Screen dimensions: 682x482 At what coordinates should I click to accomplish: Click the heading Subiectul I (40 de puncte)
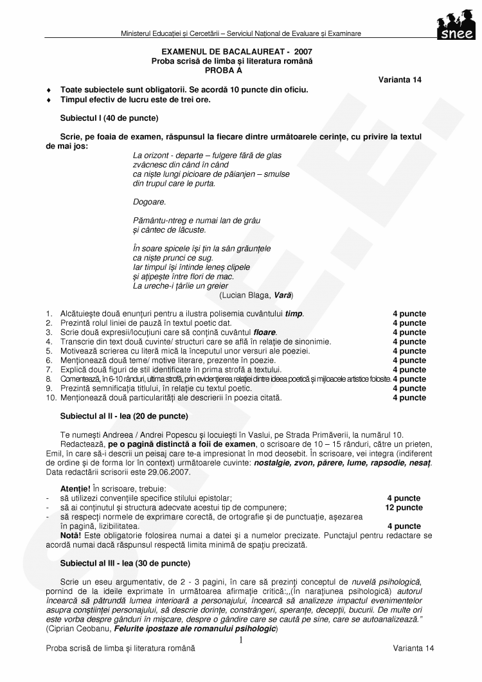point(109,118)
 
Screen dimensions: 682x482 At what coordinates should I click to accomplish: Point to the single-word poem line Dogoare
point(149,201)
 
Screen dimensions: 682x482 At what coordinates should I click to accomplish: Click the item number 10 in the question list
point(50,398)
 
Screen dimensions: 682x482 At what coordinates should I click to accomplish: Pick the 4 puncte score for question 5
point(409,351)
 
